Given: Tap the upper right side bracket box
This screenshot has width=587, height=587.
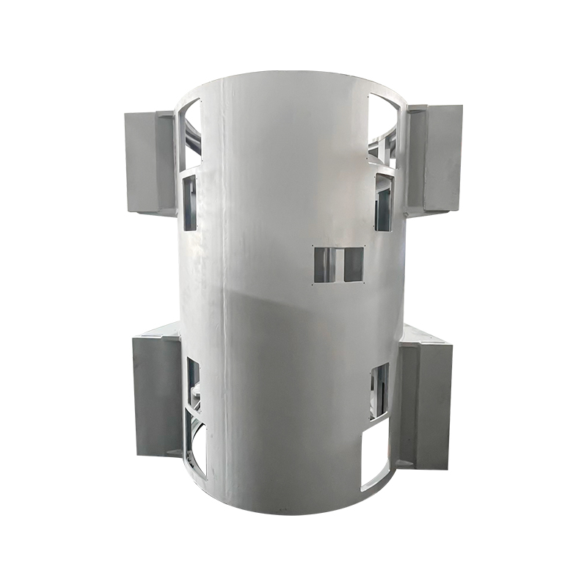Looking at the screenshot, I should point(436,158).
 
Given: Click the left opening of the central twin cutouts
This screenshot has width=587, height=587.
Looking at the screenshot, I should point(324,265).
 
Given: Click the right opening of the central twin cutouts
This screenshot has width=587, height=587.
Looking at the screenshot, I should point(353,264).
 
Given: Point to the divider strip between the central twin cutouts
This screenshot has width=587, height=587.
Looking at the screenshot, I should point(338,264).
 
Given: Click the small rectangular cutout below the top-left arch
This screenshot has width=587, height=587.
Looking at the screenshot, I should point(190,203).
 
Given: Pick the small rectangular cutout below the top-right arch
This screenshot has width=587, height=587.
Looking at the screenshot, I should point(384,201).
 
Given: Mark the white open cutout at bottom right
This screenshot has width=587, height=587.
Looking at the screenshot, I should point(375,456).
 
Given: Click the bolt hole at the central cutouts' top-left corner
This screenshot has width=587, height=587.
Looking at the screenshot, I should point(313,246).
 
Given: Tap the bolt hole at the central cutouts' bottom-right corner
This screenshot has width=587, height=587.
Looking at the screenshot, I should point(365,284).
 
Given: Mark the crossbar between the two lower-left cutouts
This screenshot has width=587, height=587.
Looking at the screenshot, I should point(195,406).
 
